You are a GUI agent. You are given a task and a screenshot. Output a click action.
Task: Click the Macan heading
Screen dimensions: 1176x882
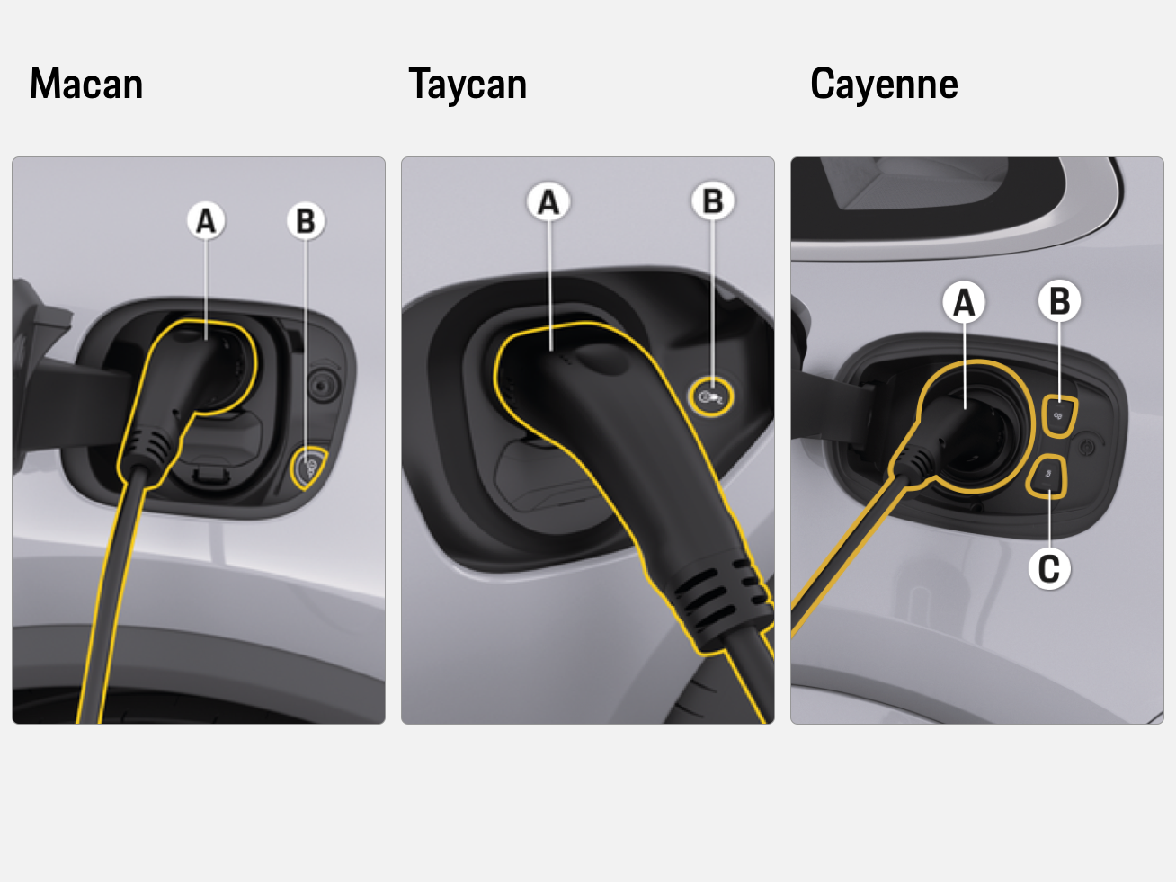click(86, 85)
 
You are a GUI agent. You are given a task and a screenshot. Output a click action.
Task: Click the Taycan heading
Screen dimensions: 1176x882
click(468, 85)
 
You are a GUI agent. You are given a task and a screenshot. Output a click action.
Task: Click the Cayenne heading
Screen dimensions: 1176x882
click(884, 85)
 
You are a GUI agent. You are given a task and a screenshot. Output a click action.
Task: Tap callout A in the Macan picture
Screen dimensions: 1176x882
click(206, 220)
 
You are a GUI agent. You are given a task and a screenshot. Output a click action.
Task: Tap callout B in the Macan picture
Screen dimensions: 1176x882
click(306, 220)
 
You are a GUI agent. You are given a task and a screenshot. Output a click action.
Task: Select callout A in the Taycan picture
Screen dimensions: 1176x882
click(548, 202)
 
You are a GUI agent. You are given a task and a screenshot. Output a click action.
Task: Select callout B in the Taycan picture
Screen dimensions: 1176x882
click(713, 201)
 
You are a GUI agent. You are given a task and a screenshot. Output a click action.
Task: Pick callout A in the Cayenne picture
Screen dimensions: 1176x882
click(964, 303)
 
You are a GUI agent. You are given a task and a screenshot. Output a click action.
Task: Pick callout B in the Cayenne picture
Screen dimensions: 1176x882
click(1059, 301)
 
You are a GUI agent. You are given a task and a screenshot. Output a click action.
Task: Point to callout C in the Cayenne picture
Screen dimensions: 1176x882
click(1049, 569)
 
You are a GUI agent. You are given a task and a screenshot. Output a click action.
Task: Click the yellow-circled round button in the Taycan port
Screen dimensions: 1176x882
click(710, 396)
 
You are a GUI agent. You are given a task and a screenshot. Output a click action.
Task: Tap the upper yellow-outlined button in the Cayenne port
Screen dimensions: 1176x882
click(1059, 417)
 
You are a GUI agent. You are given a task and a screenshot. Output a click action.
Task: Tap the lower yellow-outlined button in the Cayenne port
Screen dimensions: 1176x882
click(1047, 477)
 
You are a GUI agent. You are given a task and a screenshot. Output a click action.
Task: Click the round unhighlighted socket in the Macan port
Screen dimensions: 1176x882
click(323, 385)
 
